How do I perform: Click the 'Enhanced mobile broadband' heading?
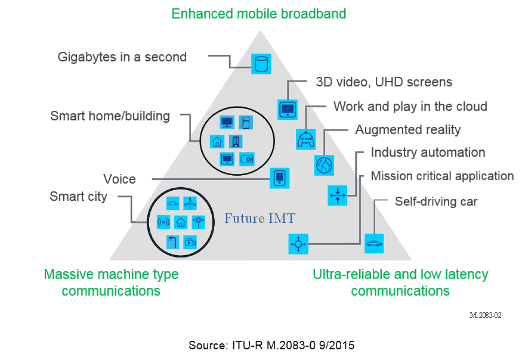(x=258, y=14)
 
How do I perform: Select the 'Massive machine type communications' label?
(x=111, y=283)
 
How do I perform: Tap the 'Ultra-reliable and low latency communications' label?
(x=400, y=283)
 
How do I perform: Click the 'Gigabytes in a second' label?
(x=122, y=57)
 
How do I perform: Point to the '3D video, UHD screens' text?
(x=384, y=82)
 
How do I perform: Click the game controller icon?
(x=305, y=139)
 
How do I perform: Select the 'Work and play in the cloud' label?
(x=410, y=107)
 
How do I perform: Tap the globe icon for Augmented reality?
(x=325, y=165)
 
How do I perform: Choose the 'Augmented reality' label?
(x=408, y=129)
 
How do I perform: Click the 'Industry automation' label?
(x=428, y=153)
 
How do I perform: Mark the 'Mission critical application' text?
(x=442, y=176)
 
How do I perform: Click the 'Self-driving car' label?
(x=436, y=201)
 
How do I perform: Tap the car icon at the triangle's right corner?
(x=374, y=243)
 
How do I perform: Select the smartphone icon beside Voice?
(x=279, y=178)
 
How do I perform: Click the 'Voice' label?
(x=119, y=179)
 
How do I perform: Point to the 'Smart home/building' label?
(x=110, y=116)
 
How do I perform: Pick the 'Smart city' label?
(x=78, y=197)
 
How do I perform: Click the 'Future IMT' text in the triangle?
(x=260, y=218)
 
